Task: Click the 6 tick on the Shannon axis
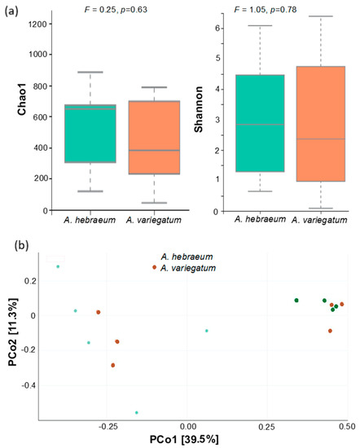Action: (223, 27)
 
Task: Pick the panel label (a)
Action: (11, 8)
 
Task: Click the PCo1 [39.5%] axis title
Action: (188, 440)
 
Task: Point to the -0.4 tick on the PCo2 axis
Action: (31, 384)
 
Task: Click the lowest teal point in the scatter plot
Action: (137, 413)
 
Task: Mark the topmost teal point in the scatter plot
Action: (58, 266)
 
